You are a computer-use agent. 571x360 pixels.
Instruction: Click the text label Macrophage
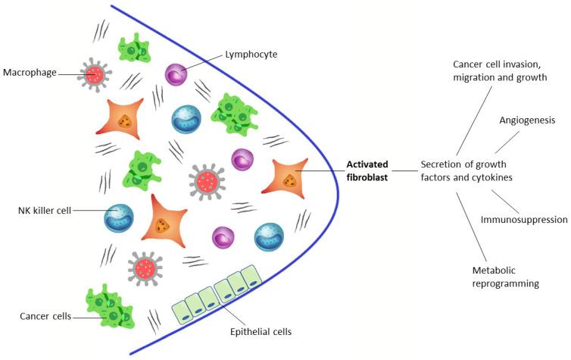pos(28,74)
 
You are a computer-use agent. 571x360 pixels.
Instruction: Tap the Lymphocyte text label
pos(251,55)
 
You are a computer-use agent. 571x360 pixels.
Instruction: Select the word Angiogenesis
pos(527,120)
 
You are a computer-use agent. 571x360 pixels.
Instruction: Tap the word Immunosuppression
pos(524,220)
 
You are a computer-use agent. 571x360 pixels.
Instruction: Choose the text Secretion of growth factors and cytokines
pos(463,171)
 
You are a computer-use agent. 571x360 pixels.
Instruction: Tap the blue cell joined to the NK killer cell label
pos(119,216)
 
